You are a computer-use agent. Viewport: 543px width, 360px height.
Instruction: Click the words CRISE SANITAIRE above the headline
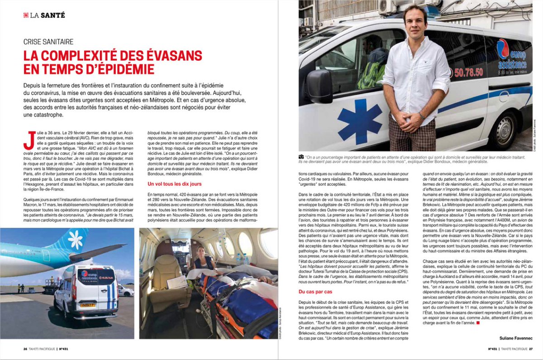pyautogui.click(x=48, y=42)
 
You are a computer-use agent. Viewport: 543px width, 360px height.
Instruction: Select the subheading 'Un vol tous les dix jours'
pyautogui.click(x=175, y=184)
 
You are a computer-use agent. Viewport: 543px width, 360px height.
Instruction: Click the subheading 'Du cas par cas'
pyautogui.click(x=316, y=292)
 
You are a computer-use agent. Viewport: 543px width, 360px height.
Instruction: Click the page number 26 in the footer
pyautogui.click(x=26, y=349)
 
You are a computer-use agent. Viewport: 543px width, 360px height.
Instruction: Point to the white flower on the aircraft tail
pyautogui.click(x=75, y=240)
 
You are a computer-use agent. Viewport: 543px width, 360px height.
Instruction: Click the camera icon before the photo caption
pyautogui.click(x=301, y=156)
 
